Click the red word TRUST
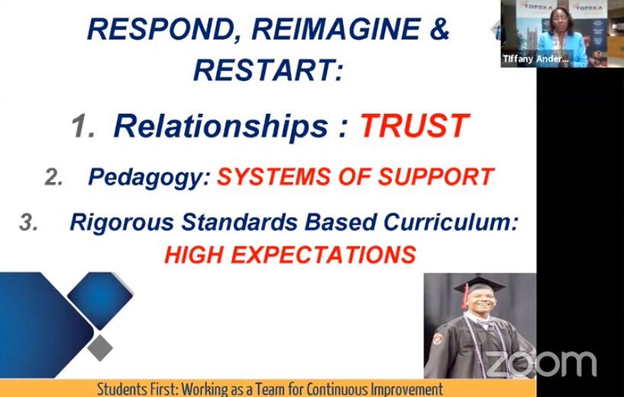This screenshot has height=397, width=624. coord(415,127)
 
